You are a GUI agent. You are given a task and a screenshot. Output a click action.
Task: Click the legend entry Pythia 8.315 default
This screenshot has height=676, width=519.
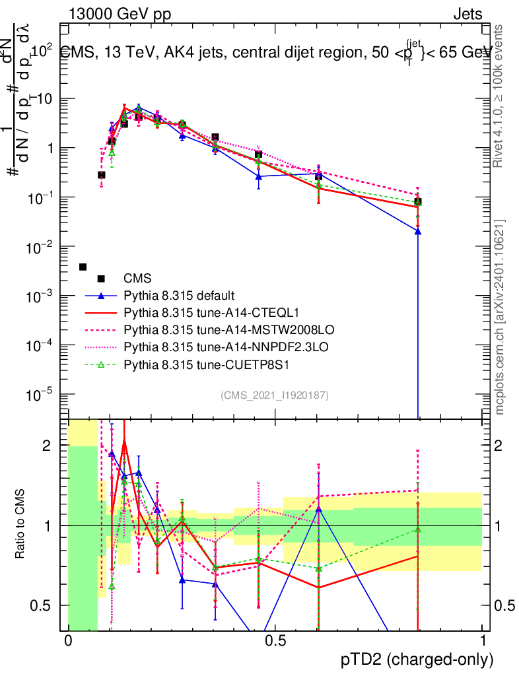pos(179,295)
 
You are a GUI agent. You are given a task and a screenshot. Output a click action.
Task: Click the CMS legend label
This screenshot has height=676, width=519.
pos(137,278)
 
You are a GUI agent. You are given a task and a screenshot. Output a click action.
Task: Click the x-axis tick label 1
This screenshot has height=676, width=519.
pos(482,641)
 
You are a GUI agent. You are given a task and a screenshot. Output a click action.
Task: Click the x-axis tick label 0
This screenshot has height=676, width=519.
pos(68,641)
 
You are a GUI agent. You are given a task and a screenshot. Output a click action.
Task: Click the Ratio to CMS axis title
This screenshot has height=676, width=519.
pos(21,525)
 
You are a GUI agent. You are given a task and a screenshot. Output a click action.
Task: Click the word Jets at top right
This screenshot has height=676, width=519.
pos(467,15)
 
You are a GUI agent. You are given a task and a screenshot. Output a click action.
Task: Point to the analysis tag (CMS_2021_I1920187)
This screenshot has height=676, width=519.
pos(275,395)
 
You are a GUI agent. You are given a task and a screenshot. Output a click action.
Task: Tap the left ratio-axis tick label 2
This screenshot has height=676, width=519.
pos(47,446)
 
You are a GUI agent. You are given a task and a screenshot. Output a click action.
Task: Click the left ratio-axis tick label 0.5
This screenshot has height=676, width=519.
pos(43,605)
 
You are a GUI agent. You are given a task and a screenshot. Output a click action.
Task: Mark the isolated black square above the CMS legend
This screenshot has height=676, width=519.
pos(83,267)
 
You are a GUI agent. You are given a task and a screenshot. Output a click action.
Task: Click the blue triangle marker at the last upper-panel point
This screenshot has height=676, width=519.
pos(417,232)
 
